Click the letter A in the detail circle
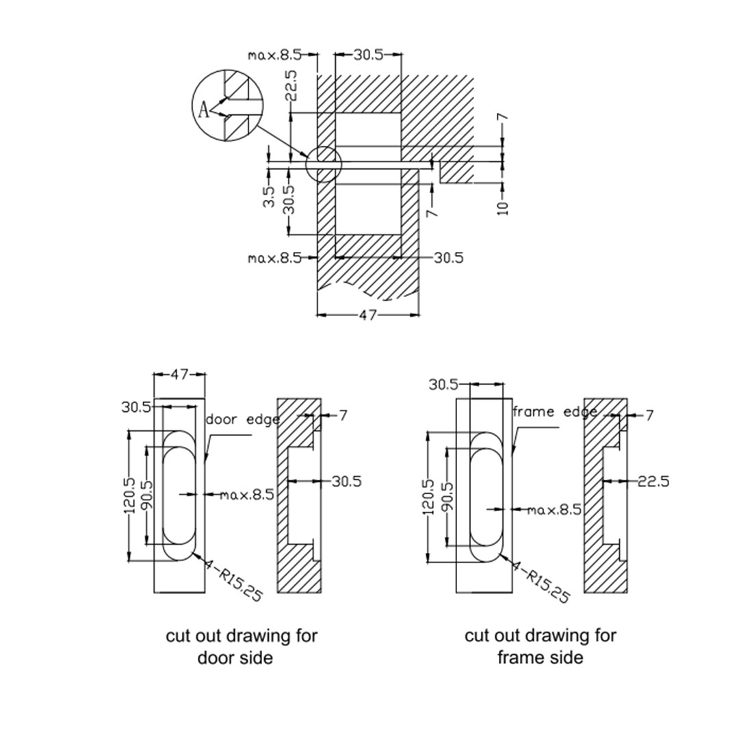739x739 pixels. (x=203, y=109)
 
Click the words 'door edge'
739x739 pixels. (x=243, y=419)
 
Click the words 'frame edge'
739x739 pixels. (x=554, y=412)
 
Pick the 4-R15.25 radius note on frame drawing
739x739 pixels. (x=541, y=581)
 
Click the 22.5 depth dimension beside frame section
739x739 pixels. (x=653, y=481)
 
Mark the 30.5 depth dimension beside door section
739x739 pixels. (x=346, y=481)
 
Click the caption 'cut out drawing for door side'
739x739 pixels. (x=242, y=646)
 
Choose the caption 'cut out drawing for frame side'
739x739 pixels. (x=541, y=646)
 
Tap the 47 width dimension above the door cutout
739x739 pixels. (x=179, y=374)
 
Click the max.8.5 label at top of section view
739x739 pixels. (x=274, y=55)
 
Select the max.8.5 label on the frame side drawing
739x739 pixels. (x=554, y=509)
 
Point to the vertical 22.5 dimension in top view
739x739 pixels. (x=291, y=86)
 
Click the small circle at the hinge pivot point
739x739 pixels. (x=322, y=163)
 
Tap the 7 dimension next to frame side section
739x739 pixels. (x=649, y=415)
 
